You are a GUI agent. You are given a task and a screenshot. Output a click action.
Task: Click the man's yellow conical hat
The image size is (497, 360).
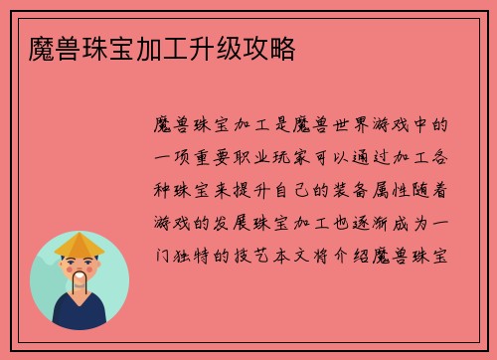pos(80,245)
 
